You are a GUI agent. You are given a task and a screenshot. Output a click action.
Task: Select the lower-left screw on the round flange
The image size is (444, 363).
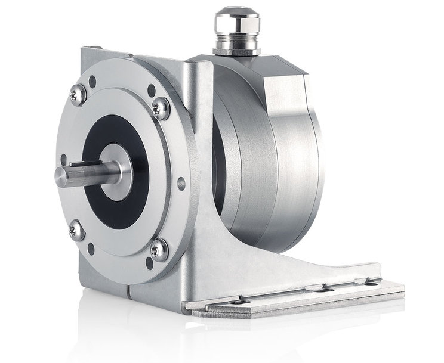pos(76,230)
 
